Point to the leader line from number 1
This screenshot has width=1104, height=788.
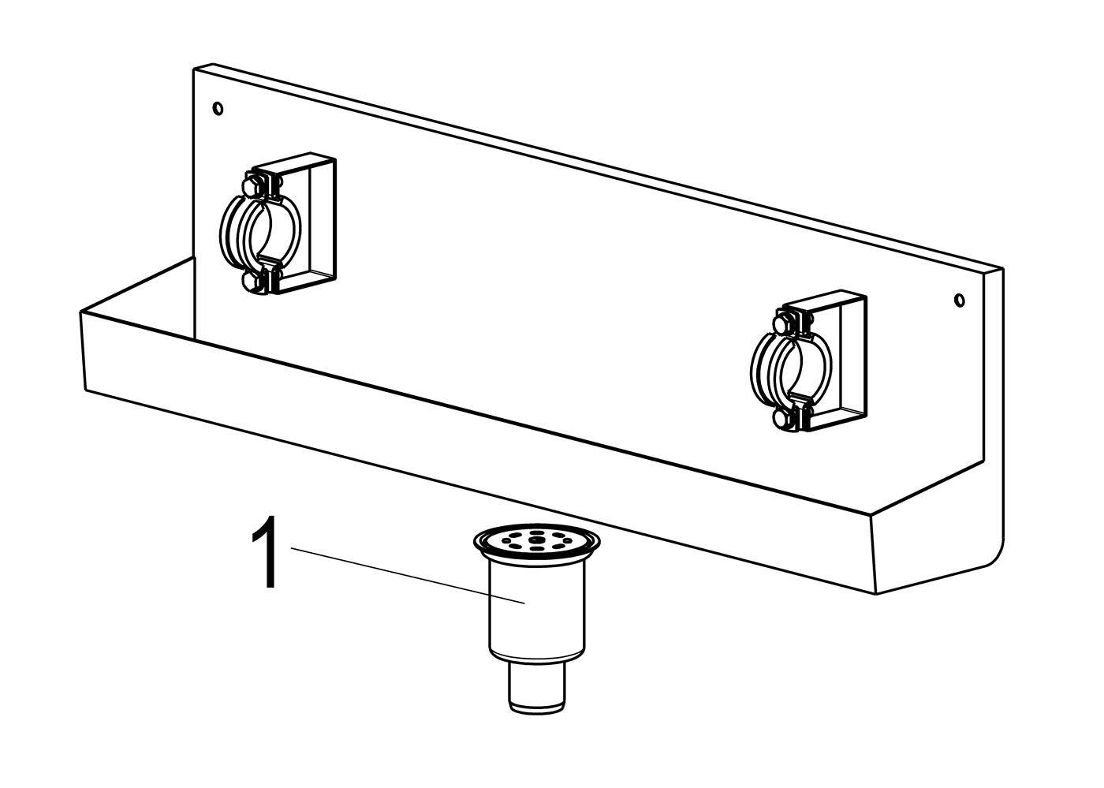click(x=408, y=575)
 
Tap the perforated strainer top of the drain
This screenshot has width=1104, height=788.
click(x=536, y=541)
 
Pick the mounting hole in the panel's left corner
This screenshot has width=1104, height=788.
click(x=218, y=109)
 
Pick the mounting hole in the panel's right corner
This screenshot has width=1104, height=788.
click(x=959, y=300)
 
